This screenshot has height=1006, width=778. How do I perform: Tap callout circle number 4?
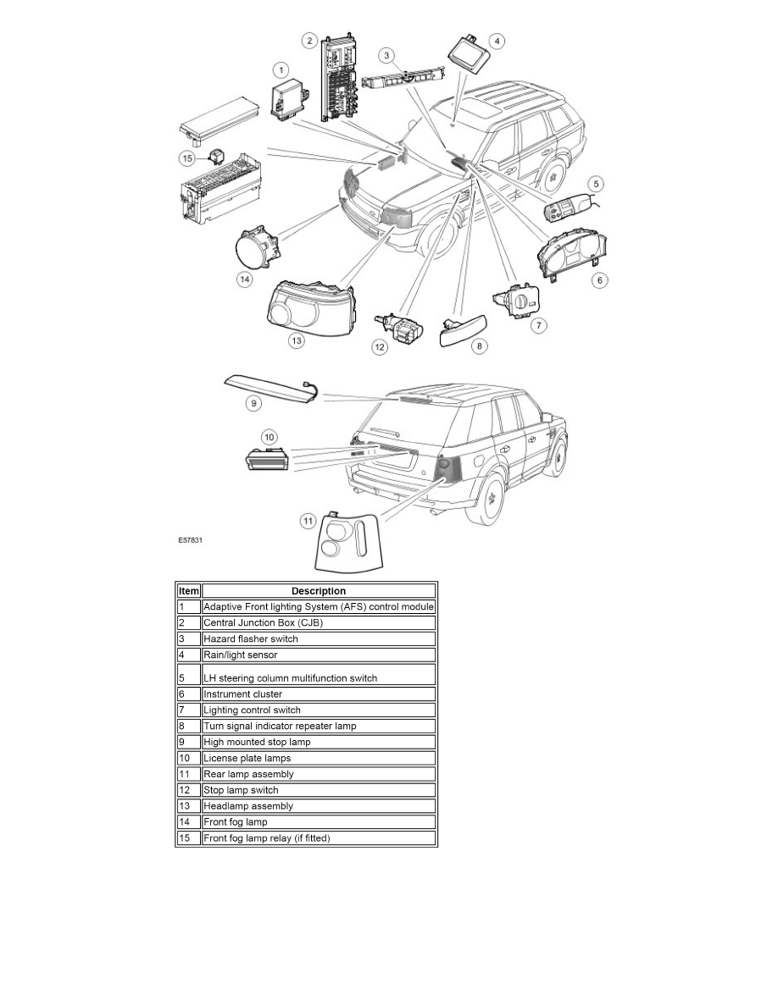(x=497, y=41)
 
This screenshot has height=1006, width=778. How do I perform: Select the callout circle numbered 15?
(x=188, y=158)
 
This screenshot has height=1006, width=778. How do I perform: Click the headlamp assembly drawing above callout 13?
(x=310, y=306)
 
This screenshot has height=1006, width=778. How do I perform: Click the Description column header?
(x=319, y=591)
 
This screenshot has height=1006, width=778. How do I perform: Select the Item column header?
(x=188, y=591)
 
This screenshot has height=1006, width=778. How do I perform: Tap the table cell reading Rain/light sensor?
(x=240, y=655)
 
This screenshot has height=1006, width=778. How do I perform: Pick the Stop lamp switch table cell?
(x=241, y=790)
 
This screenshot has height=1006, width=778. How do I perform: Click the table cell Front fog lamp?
(x=236, y=822)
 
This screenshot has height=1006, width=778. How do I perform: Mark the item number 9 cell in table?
(x=188, y=742)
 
